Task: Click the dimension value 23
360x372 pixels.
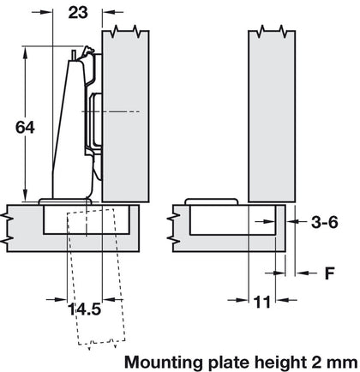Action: pos(78,13)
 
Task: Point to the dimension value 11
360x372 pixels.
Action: pos(263,302)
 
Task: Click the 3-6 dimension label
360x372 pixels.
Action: pos(324,223)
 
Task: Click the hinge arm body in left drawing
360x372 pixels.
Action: pos(69,129)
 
